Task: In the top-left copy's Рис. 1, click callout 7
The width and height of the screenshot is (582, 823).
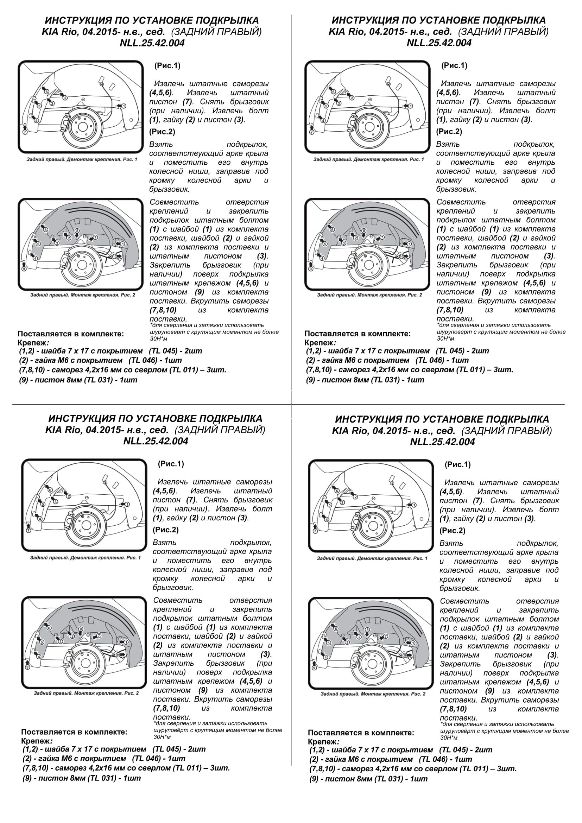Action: click(25, 132)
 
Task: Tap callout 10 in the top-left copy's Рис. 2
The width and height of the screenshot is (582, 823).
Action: click(115, 257)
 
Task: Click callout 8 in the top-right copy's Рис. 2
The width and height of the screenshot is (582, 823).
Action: click(364, 231)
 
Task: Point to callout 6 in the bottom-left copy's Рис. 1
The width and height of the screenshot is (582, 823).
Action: click(50, 490)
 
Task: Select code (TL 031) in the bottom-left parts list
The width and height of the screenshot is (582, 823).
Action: click(100, 778)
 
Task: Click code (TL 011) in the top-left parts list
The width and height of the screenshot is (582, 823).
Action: click(183, 370)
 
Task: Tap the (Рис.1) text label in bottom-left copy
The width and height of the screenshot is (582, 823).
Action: click(171, 464)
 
